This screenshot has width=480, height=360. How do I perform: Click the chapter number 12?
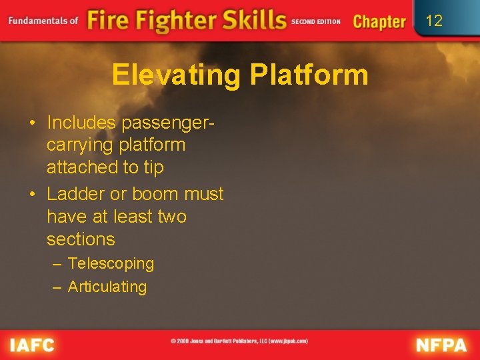tap(434, 21)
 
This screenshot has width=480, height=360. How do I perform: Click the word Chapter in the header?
tap(379, 21)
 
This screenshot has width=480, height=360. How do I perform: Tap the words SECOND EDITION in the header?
tap(316, 21)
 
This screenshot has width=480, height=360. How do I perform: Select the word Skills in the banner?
tap(244, 20)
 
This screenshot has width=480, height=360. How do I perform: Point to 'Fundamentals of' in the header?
tap(43, 20)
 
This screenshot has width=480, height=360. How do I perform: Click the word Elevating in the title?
tap(175, 75)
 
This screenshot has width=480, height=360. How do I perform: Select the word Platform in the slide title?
tap(309, 75)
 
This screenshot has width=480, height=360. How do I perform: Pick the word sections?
tap(81, 239)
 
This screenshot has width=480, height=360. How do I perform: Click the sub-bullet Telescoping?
tap(111, 263)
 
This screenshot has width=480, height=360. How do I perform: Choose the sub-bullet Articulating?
tap(107, 287)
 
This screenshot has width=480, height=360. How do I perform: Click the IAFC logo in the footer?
tap(31, 345)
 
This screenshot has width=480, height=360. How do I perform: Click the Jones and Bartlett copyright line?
tap(239, 341)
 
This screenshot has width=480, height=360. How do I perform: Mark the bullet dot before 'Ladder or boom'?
tap(32, 195)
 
